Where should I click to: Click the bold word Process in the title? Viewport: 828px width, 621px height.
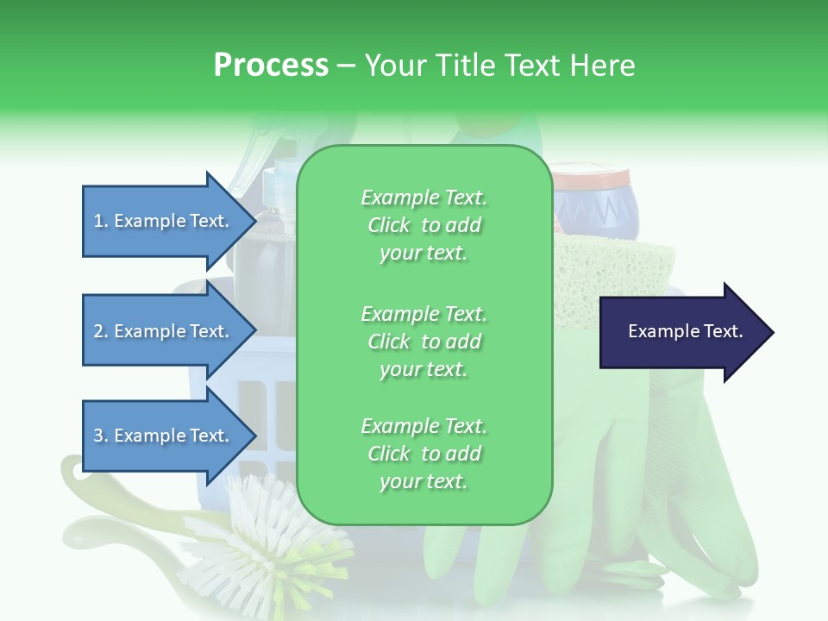[271, 66]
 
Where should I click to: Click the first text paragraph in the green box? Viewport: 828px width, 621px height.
[423, 225]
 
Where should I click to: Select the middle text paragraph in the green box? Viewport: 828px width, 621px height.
[423, 342]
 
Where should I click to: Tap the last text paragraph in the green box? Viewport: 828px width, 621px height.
[423, 454]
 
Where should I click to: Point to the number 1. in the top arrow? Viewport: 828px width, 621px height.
[101, 221]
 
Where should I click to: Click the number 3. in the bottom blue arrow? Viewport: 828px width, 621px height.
[101, 436]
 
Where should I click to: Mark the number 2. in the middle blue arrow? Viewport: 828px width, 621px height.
[101, 331]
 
